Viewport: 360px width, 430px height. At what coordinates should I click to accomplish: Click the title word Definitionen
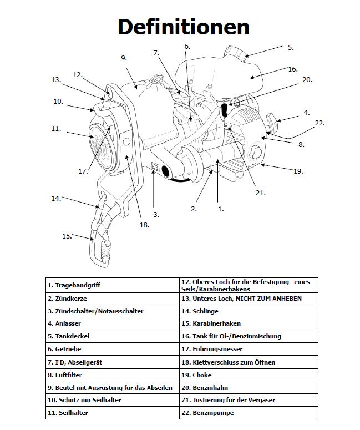point(183,27)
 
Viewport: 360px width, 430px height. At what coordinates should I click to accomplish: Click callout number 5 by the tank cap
point(290,48)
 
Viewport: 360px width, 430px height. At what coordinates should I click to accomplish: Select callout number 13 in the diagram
point(55,80)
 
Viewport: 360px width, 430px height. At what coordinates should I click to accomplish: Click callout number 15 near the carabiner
point(67,236)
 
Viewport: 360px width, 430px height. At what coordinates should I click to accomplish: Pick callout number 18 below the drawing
point(144,225)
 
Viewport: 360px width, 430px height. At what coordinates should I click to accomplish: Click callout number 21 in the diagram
point(261,193)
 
